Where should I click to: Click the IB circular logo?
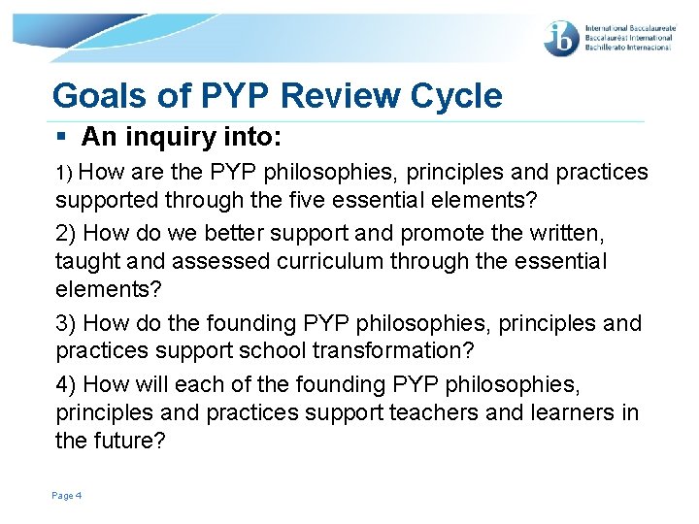[562, 38]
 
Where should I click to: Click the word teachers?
[433, 412]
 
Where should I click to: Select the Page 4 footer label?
[67, 496]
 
